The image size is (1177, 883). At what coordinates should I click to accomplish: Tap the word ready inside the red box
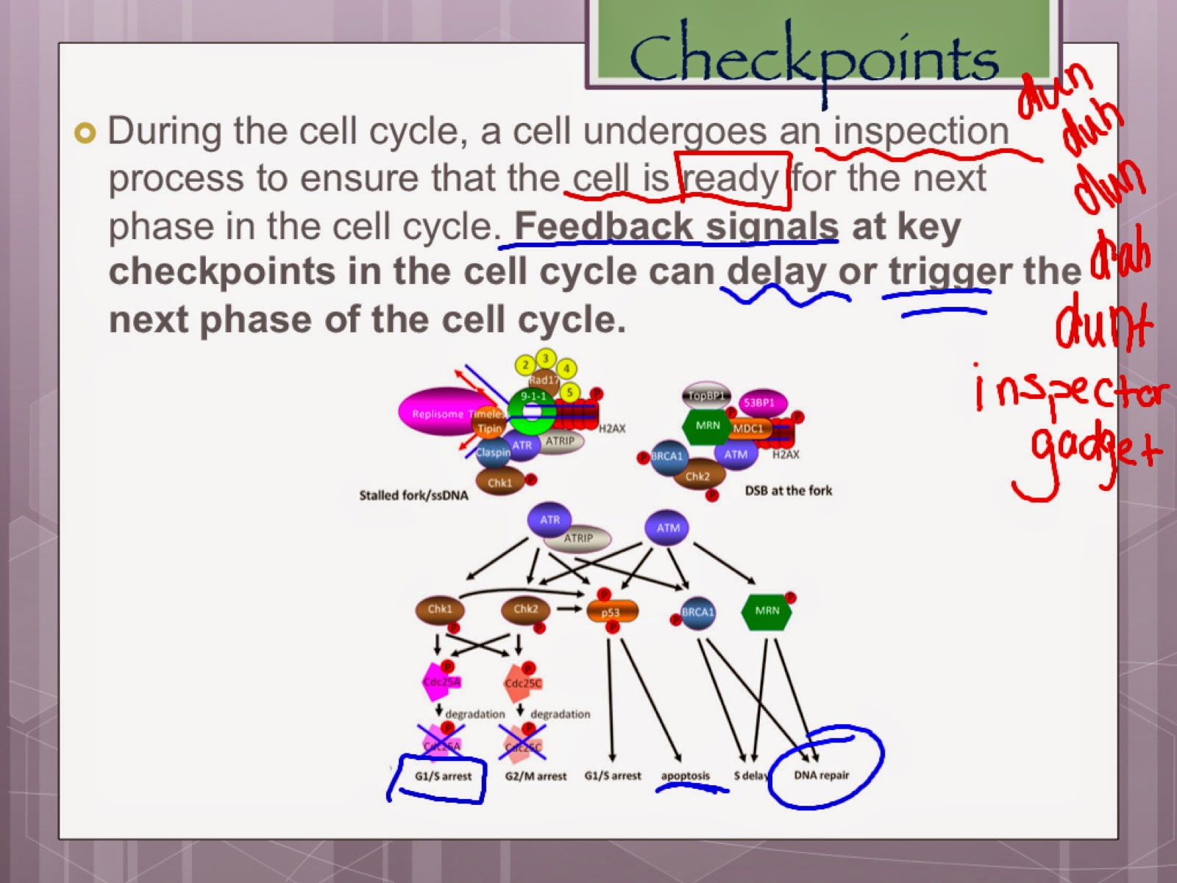[731, 179]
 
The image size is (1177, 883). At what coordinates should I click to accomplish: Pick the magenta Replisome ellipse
[435, 413]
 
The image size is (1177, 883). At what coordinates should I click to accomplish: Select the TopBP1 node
[705, 396]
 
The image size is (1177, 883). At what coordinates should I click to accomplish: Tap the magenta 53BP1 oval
[759, 403]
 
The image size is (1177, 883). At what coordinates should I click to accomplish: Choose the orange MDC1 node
[748, 428]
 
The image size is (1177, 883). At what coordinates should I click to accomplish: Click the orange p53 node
[611, 611]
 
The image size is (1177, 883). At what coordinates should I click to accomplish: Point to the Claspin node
[492, 452]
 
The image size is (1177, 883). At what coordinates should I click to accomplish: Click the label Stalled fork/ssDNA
[413, 495]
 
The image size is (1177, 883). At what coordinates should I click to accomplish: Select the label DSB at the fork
[789, 490]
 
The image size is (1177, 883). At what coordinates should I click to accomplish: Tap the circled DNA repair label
[821, 775]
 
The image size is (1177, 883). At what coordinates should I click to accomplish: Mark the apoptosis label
[685, 776]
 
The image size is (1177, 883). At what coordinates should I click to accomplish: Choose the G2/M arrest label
[536, 776]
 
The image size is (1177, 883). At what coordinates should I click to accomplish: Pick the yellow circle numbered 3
[546, 358]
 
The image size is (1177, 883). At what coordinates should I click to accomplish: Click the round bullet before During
[85, 133]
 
